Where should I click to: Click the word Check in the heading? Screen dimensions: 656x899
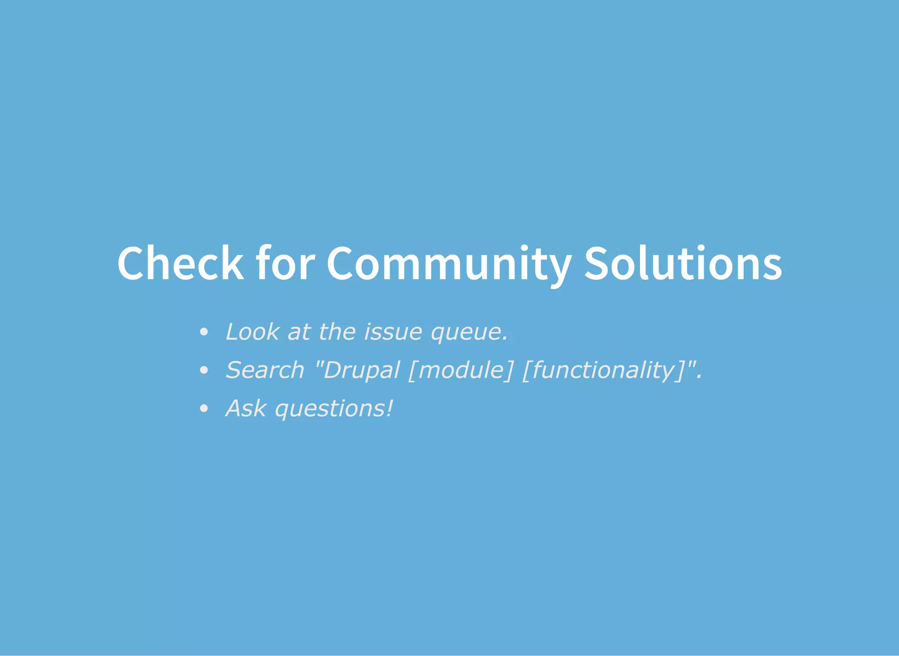[180, 263]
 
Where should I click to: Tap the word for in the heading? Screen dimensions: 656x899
[285, 263]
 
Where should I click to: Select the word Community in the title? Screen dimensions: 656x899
[449, 263]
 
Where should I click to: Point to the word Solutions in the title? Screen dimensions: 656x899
[683, 263]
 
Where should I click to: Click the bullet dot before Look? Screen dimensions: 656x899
[203, 332]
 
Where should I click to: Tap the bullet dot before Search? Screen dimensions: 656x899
[203, 370]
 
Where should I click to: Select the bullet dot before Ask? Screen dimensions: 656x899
[203, 409]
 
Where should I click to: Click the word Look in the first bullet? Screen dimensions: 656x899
[252, 332]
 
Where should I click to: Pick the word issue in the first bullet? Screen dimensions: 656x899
[393, 332]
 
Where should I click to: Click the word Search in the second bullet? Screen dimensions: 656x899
[265, 370]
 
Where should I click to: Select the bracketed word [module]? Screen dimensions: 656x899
[460, 370]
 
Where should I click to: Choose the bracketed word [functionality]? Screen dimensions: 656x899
[604, 370]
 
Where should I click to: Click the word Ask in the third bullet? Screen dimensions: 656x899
[246, 408]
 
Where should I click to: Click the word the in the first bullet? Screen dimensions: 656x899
[337, 332]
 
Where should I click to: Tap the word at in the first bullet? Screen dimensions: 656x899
[299, 332]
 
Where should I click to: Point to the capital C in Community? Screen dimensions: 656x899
[341, 263]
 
